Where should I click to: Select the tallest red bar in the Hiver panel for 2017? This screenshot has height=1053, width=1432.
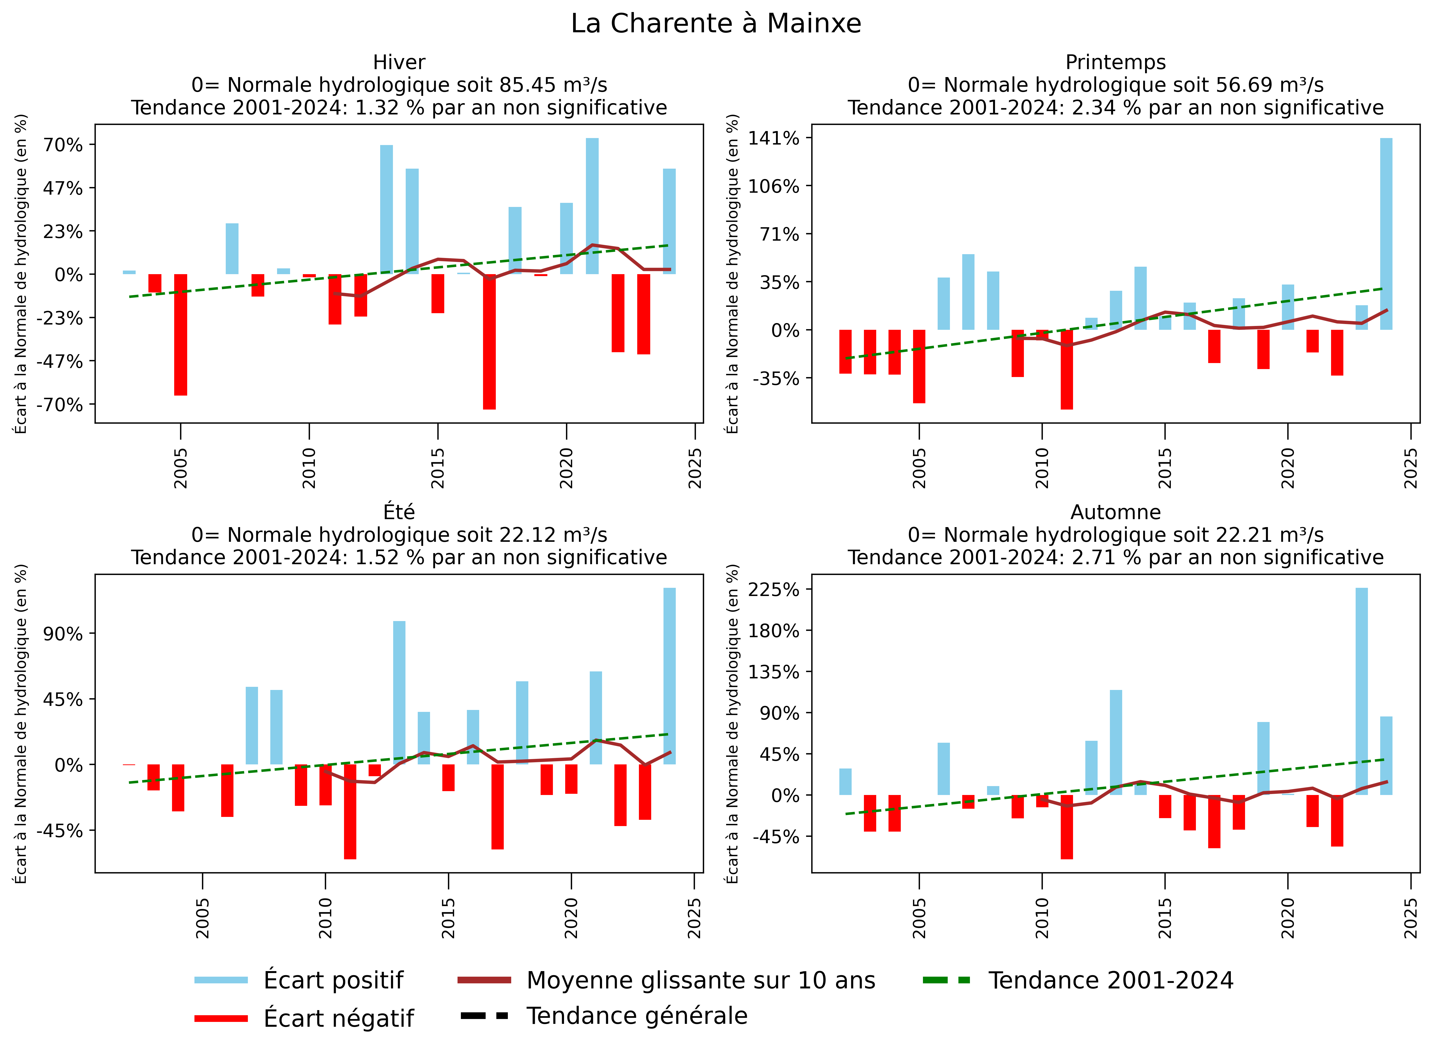[489, 341]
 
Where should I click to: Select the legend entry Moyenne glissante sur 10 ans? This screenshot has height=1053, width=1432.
[700, 980]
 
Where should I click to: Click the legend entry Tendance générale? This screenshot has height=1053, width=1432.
[637, 1015]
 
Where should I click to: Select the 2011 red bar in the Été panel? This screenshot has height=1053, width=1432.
[350, 811]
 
